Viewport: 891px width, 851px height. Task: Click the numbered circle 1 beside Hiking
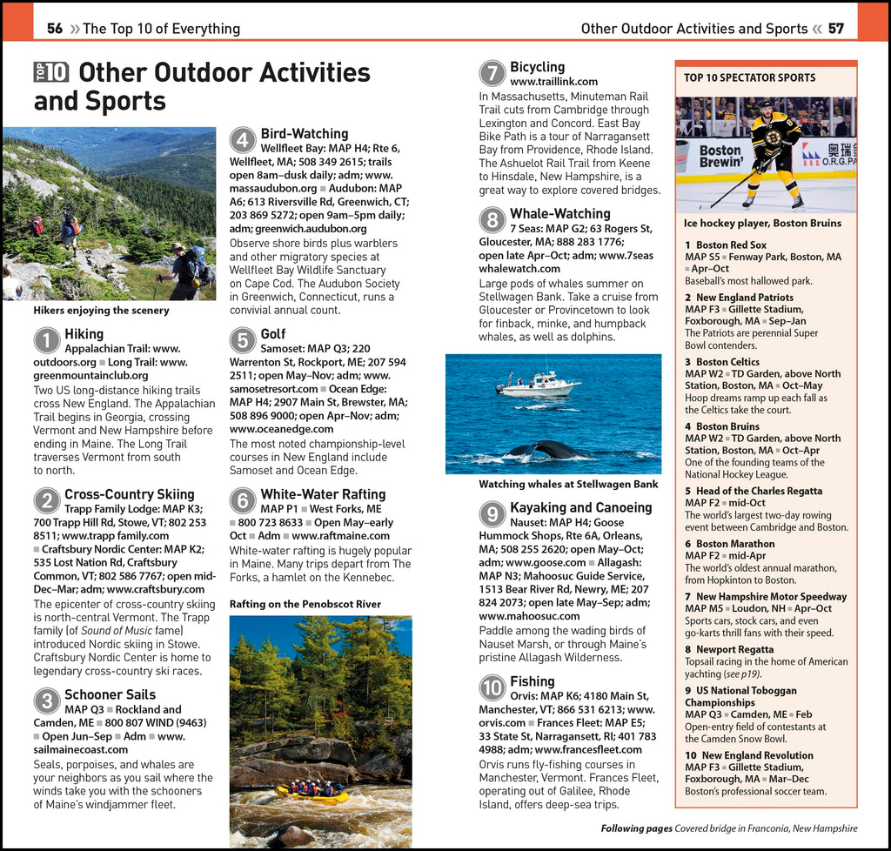click(46, 340)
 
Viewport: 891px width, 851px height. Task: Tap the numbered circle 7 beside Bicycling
click(492, 73)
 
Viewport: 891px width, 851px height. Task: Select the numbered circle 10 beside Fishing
click(492, 687)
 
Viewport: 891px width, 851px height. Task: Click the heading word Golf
click(272, 334)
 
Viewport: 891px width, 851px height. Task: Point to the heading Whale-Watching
click(559, 213)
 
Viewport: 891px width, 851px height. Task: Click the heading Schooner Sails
click(110, 694)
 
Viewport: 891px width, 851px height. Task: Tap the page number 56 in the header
click(55, 29)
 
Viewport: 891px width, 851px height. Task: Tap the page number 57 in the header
click(835, 29)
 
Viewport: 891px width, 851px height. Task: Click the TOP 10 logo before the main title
click(51, 72)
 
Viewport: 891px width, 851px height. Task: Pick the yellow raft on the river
click(312, 793)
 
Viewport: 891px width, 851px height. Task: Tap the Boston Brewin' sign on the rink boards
click(720, 157)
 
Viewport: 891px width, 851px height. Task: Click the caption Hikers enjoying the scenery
click(101, 311)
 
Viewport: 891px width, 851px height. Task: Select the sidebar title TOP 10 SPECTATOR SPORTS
click(749, 77)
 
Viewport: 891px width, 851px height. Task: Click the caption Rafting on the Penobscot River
click(305, 604)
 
